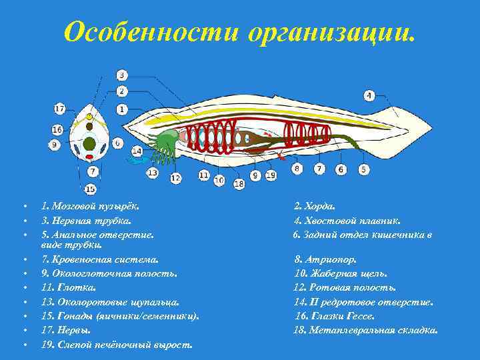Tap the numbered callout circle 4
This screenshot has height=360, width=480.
(x=369, y=94)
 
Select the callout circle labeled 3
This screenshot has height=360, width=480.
(x=123, y=75)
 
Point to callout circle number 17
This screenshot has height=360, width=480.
(x=59, y=108)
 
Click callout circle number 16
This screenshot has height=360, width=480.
(x=57, y=129)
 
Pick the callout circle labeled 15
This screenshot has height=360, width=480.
(x=90, y=189)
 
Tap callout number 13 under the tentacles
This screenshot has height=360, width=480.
(x=153, y=173)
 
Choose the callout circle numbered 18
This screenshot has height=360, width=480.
(x=239, y=183)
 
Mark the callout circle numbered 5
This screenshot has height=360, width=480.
(x=363, y=169)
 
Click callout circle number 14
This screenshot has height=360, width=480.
(x=137, y=151)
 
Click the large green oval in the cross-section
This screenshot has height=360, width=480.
(x=89, y=143)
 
